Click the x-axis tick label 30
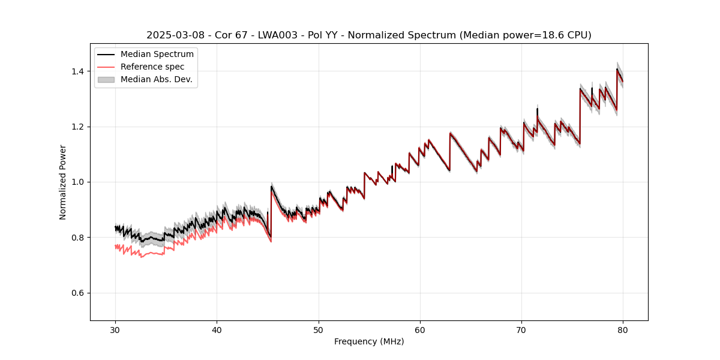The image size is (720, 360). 115,330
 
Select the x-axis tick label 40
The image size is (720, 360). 217,330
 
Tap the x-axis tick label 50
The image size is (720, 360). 318,330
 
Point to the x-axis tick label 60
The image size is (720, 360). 420,330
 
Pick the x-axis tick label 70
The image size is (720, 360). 521,330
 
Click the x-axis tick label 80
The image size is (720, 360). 623,330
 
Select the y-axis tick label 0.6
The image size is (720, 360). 79,293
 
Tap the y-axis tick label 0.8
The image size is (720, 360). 79,238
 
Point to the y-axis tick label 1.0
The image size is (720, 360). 79,182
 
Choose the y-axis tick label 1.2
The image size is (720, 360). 79,127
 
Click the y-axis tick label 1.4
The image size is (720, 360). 79,71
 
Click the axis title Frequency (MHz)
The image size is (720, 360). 369,341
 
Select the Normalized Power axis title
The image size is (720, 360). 63,182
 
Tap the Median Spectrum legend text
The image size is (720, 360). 157,55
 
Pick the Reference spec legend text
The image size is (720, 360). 152,67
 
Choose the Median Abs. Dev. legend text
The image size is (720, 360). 157,79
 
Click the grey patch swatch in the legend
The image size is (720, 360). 106,79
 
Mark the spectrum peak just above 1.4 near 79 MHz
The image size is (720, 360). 617,69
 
